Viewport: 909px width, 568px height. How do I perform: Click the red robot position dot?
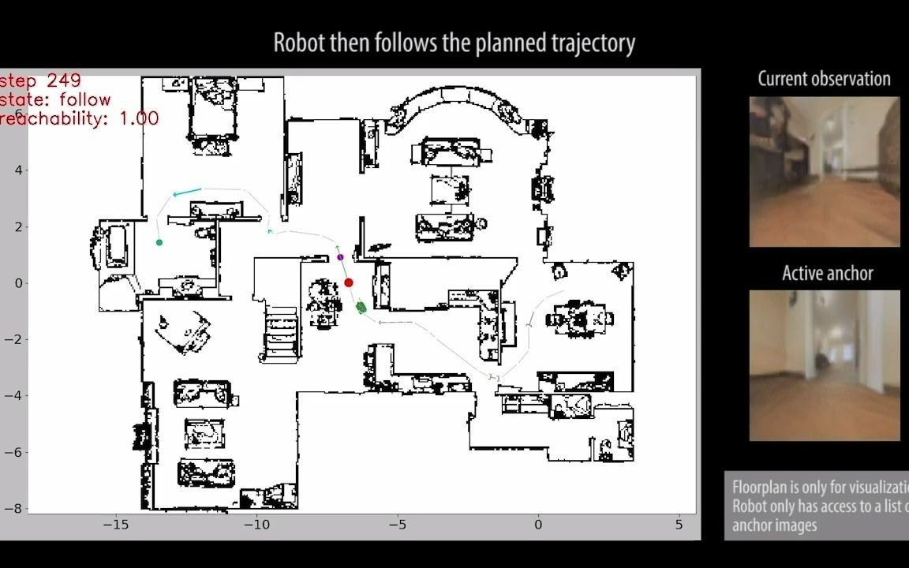pyautogui.click(x=349, y=282)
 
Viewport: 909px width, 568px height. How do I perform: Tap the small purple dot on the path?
pyautogui.click(x=340, y=257)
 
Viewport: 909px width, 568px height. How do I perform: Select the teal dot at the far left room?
pyautogui.click(x=159, y=242)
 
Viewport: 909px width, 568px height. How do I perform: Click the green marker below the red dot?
pyautogui.click(x=361, y=306)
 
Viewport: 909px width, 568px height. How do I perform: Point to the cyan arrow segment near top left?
pyautogui.click(x=187, y=192)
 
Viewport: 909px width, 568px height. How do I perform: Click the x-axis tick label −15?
pyautogui.click(x=115, y=524)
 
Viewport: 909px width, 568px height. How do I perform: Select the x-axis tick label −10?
pyautogui.click(x=256, y=524)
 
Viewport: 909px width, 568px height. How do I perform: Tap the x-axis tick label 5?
pyautogui.click(x=679, y=524)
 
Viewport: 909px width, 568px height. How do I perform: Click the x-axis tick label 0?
pyautogui.click(x=539, y=524)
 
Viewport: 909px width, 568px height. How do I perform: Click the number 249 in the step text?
pyautogui.click(x=64, y=81)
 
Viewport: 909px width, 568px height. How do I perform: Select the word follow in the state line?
pyautogui.click(x=84, y=100)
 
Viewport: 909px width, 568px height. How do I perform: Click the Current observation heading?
pyautogui.click(x=824, y=79)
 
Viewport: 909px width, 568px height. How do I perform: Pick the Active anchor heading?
pyautogui.click(x=827, y=274)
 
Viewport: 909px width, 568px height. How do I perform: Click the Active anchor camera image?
pyautogui.click(x=824, y=365)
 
